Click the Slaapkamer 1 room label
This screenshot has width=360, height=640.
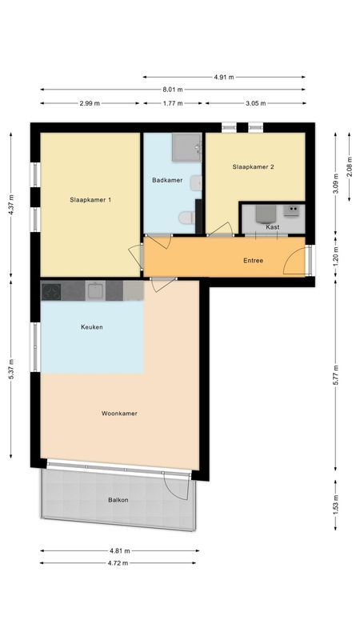90,199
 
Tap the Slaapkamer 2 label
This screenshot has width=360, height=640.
254,167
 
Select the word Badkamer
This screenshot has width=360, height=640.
167,181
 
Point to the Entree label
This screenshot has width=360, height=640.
253,261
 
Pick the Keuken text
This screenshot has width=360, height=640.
91,327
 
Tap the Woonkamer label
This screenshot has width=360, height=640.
119,414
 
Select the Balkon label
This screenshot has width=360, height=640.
118,500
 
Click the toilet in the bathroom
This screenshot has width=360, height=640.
186,217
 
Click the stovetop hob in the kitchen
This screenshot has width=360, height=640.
52,290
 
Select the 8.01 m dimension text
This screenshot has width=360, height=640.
172,90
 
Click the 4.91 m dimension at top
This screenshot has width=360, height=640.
224,77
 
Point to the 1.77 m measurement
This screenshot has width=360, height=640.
172,103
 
